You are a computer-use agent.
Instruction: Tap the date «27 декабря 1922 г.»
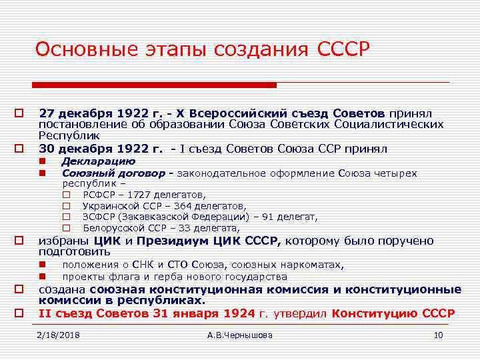pos(94,115)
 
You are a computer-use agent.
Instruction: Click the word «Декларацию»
pos(99,161)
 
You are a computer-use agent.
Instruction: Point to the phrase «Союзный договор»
pos(113,173)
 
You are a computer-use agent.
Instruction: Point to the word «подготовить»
pos(75,252)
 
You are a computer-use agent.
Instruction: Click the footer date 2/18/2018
pos(59,335)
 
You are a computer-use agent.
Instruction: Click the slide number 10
pos(438,335)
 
